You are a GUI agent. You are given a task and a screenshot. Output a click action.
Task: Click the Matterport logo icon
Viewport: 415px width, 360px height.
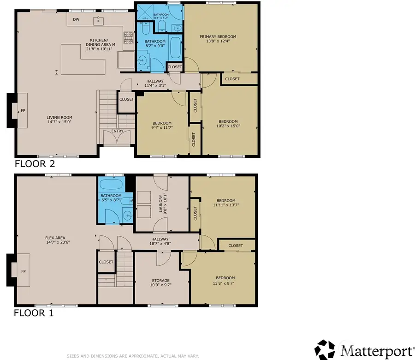coord(325,350)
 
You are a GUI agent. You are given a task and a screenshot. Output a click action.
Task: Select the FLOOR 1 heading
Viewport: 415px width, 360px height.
coord(34,313)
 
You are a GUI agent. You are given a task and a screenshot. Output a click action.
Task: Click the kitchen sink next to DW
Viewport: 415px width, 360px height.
coord(98,20)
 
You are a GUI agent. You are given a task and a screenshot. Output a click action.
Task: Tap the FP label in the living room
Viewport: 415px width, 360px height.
coord(22,111)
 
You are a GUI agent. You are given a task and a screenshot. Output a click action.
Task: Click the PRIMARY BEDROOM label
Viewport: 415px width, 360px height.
coord(218,36)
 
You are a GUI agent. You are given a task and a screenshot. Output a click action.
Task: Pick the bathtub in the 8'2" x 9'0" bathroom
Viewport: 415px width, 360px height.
coord(175,48)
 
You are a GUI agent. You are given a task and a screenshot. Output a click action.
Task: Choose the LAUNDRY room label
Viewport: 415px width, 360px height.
coord(162,204)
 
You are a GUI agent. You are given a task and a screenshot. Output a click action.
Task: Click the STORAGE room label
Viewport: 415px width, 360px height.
coord(160,280)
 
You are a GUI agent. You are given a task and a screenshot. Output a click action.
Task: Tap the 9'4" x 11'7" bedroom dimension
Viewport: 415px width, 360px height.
coord(162,128)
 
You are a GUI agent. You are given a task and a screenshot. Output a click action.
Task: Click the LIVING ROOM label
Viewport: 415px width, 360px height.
coord(60,117)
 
